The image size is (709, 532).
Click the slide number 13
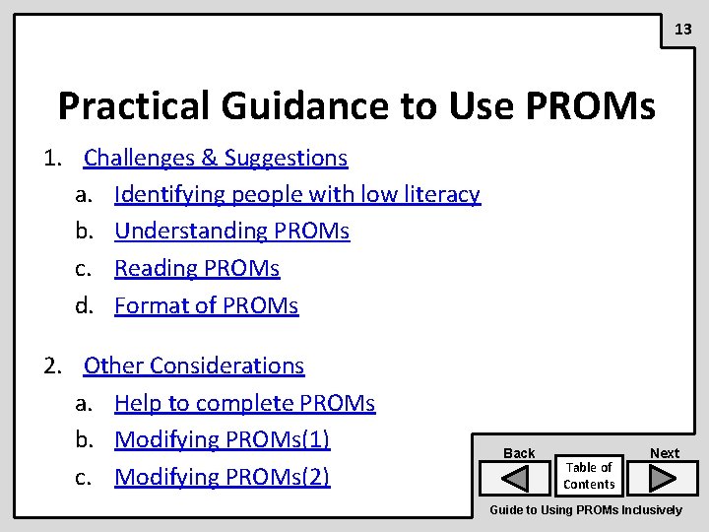683,30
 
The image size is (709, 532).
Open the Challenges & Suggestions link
216,158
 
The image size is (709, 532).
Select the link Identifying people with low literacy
296,194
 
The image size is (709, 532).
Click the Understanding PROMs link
231,232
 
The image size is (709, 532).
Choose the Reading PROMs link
197,268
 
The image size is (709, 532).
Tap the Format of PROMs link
206,305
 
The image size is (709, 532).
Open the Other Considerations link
194,366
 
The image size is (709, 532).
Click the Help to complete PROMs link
244,403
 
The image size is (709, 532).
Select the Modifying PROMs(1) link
222,439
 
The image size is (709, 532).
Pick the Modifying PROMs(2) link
222,477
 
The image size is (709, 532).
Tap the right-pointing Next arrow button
664,479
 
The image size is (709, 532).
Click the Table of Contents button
589,476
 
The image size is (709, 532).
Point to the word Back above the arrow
519,453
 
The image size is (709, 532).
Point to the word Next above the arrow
665,453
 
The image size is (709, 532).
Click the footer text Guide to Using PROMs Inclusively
586,510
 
